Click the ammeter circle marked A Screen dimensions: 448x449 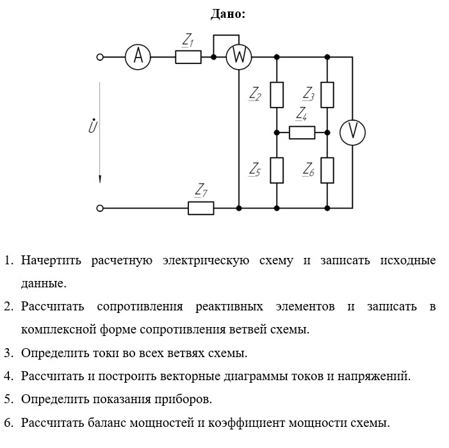[x=136, y=57]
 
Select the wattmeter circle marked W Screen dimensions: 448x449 [x=238, y=57]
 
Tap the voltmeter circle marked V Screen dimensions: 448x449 [x=352, y=132]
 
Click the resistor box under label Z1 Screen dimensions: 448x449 [x=188, y=57]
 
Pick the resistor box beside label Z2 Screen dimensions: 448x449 [x=277, y=95]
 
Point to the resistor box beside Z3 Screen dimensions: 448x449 [x=327, y=95]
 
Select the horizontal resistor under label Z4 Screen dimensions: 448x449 [x=302, y=132]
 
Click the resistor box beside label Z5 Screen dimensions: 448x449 [x=277, y=170]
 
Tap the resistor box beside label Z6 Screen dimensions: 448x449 [x=327, y=170]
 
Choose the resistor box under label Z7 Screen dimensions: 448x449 [x=200, y=208]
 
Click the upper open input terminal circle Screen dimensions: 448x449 [x=99, y=57]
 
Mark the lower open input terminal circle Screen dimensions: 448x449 [x=99, y=208]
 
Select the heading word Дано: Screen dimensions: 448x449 [x=227, y=13]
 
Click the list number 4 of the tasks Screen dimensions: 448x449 [x=8, y=376]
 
